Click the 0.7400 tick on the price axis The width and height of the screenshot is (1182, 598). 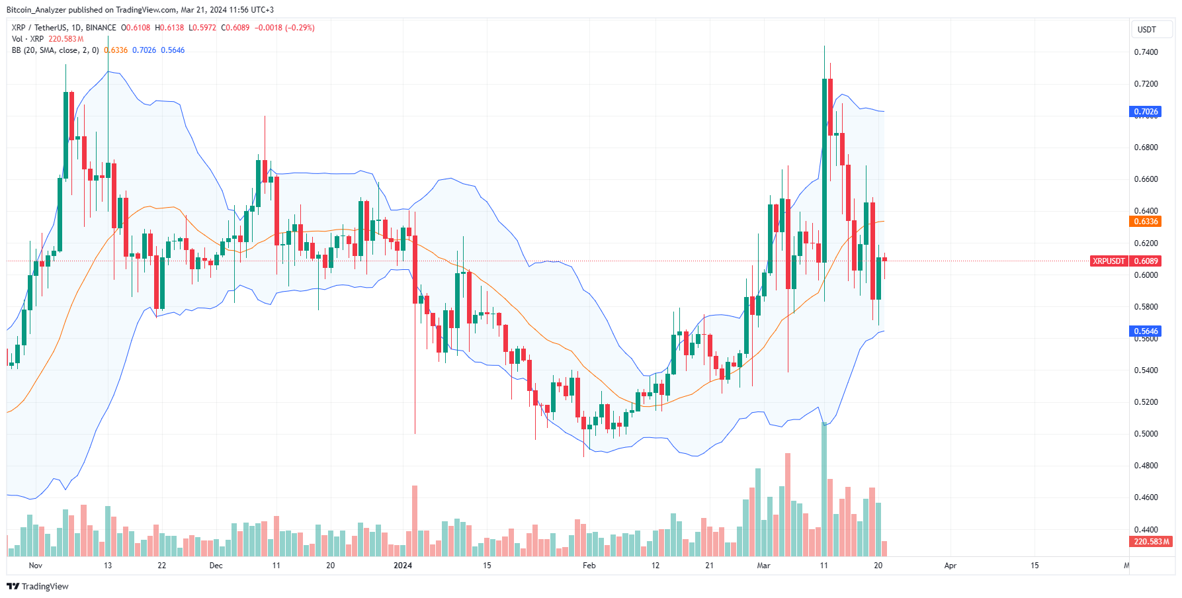pos(1146,52)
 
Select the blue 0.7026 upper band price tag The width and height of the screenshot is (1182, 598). pos(1146,112)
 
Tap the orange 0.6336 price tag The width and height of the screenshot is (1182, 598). pos(1146,222)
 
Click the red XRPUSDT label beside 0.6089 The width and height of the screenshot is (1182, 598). pos(1109,261)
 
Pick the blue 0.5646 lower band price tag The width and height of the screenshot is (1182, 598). pos(1146,331)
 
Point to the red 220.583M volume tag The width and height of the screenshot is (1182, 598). pos(1151,542)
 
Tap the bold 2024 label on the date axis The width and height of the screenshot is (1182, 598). pos(402,566)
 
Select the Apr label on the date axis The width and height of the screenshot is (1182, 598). pos(950,566)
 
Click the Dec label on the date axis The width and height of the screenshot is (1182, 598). pos(216,566)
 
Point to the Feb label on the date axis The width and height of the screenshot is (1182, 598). pos(589,566)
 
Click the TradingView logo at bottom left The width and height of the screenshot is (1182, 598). pos(38,587)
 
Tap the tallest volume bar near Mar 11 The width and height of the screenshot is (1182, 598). pos(824,490)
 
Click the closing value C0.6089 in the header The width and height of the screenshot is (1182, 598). pos(235,28)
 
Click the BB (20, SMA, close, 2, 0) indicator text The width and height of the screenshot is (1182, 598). pos(56,50)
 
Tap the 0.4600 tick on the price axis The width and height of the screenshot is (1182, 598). pos(1146,497)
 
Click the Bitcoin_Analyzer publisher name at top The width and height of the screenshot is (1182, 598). pos(36,10)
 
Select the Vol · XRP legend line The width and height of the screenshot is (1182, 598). pos(28,39)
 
